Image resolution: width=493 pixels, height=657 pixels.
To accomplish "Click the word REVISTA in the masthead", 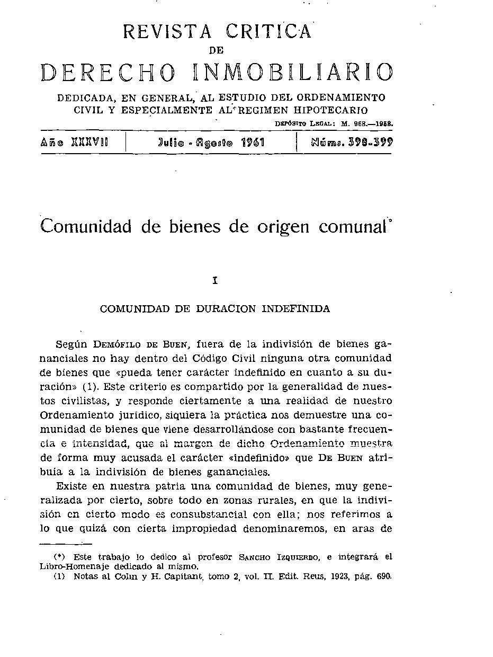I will point(167,32).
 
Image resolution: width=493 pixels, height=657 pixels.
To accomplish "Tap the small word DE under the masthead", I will point(217,50).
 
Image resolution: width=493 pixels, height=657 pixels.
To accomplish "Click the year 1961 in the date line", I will point(253,143).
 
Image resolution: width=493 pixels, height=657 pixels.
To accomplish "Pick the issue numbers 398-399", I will point(370,143).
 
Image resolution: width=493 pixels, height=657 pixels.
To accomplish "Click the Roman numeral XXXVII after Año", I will point(89,143).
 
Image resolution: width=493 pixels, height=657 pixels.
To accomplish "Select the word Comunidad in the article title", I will point(85,226).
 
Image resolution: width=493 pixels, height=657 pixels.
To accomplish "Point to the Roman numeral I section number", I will point(214,281).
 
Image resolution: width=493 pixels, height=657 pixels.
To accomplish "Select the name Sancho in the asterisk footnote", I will point(255,557).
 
